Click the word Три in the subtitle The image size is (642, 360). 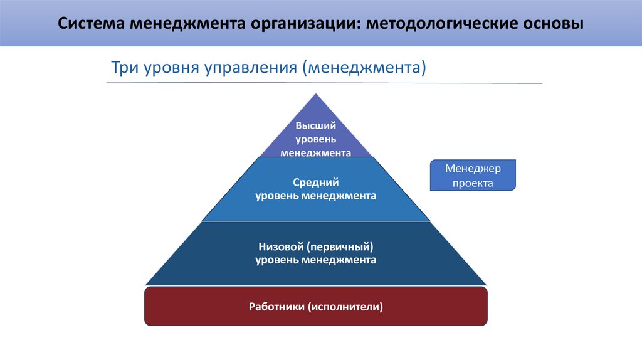click(123, 66)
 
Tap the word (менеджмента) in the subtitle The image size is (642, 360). click(364, 66)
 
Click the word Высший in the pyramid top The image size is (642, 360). click(316, 125)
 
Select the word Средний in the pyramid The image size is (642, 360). click(316, 183)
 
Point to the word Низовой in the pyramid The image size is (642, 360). click(282, 246)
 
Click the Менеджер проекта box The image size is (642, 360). click(473, 176)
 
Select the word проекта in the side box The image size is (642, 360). click(473, 183)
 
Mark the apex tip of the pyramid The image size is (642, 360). click(316, 95)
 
